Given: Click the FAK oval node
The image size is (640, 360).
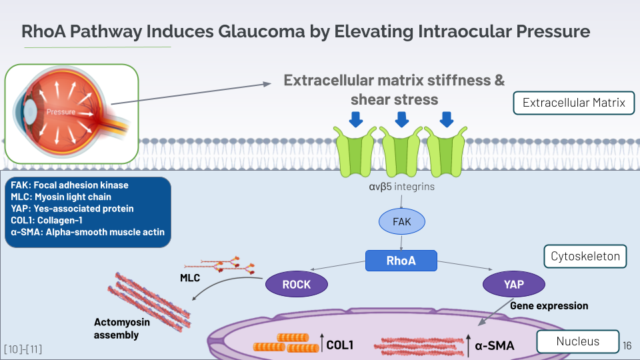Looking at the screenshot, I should pyautogui.click(x=402, y=221).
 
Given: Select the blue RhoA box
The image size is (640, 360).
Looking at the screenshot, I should pyautogui.click(x=401, y=261).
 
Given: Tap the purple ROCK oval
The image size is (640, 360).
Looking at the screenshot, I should pyautogui.click(x=297, y=284).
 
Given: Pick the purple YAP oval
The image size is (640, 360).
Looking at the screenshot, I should pyautogui.click(x=513, y=284).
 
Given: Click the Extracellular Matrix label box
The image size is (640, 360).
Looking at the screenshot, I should pyautogui.click(x=573, y=103).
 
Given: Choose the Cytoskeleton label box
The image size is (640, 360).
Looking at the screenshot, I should pyautogui.click(x=586, y=256).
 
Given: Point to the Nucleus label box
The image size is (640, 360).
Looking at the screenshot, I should pyautogui.click(x=577, y=342).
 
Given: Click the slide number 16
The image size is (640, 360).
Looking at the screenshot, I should pyautogui.click(x=627, y=345).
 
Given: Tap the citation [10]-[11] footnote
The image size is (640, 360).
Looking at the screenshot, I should pyautogui.click(x=23, y=349).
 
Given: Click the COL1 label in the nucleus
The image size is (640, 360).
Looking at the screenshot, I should pyautogui.click(x=339, y=345).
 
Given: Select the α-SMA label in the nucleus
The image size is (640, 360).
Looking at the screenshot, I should pyautogui.click(x=494, y=345).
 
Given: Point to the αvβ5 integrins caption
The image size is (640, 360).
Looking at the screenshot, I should pyautogui.click(x=402, y=187).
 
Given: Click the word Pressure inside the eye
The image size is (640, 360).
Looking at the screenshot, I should pyautogui.click(x=61, y=111).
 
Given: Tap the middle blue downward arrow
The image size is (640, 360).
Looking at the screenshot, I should pyautogui.click(x=401, y=119).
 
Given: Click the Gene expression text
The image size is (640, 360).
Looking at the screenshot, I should pyautogui.click(x=549, y=306).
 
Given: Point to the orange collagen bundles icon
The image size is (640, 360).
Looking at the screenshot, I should pyautogui.click(x=287, y=343).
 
